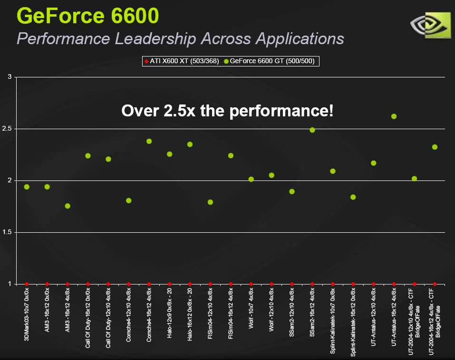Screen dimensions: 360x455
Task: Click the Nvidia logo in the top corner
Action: [430, 25]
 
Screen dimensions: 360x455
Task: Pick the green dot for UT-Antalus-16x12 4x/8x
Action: [394, 116]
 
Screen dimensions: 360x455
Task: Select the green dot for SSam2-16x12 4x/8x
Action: [312, 130]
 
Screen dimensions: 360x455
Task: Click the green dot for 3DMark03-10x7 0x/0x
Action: [27, 187]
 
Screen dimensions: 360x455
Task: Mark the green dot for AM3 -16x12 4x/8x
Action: [68, 206]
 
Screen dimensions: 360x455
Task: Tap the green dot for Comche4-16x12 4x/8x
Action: [149, 141]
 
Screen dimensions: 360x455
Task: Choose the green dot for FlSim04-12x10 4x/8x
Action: [210, 202]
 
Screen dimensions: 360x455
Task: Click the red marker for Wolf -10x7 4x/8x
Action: [251, 284]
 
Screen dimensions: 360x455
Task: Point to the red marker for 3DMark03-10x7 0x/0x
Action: [27, 284]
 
